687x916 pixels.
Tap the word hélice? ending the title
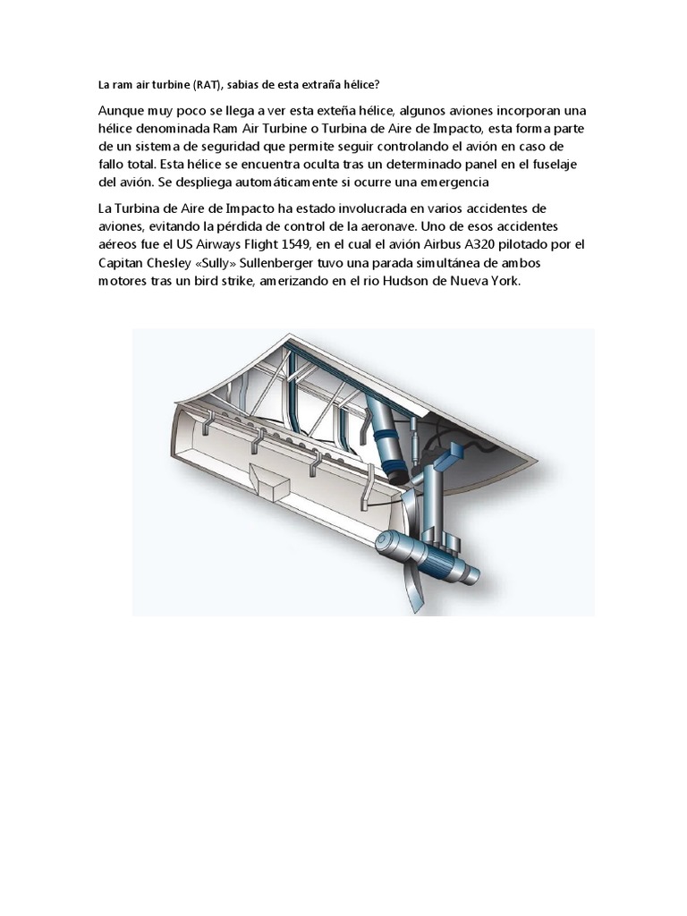click(356, 86)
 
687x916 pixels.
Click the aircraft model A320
click(482, 244)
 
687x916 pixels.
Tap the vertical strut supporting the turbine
click(435, 501)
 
